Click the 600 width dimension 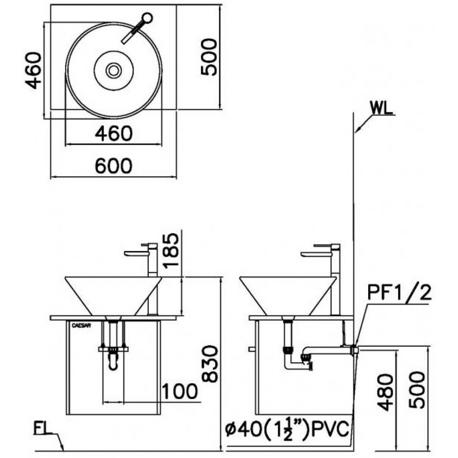point(114,165)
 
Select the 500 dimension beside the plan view point(209,57)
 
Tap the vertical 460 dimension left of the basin point(33,70)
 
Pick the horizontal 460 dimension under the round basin point(114,133)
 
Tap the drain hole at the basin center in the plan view point(113,70)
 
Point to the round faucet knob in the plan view point(147,19)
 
